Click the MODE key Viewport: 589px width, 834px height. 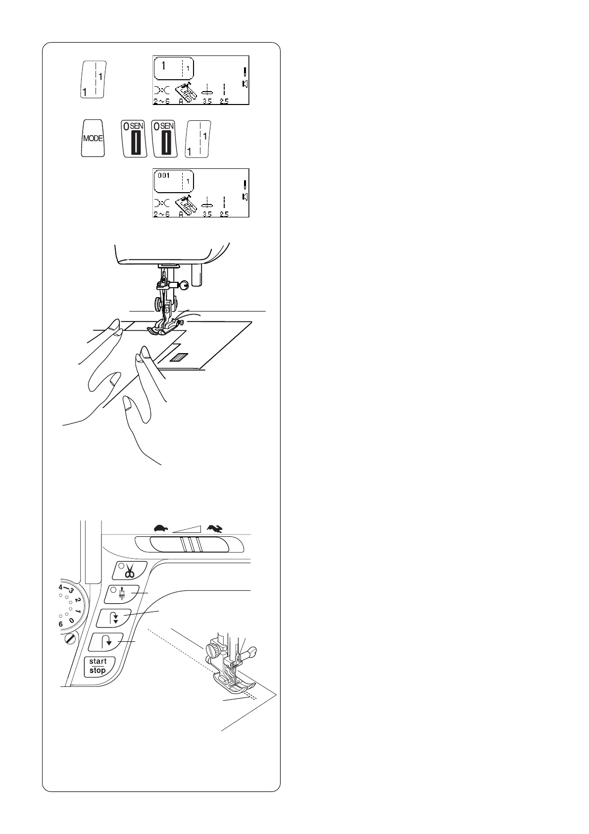[93, 138]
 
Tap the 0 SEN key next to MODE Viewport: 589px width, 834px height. [134, 139]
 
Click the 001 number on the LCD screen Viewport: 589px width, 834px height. [164, 176]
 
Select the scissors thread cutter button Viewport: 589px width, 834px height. [130, 571]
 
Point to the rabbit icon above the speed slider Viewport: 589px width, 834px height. [215, 528]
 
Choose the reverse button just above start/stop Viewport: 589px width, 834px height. [105, 642]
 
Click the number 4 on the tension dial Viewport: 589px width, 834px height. [60, 587]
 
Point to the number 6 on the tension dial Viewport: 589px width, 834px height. [61, 625]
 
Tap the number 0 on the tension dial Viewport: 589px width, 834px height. [72, 621]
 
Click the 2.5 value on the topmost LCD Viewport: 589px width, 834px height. [224, 102]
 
